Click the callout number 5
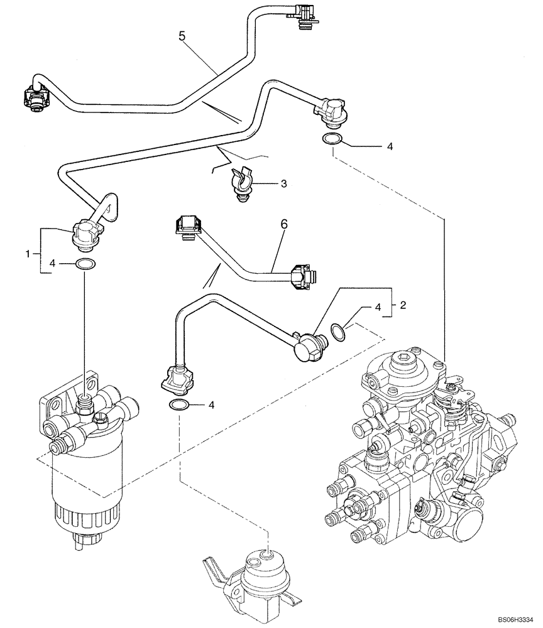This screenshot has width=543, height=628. pyautogui.click(x=182, y=36)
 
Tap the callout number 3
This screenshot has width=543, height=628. pyautogui.click(x=283, y=183)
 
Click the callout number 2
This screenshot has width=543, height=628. pyautogui.click(x=403, y=306)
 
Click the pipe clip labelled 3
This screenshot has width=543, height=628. pyautogui.click(x=242, y=182)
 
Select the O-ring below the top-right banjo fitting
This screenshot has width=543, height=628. pyautogui.click(x=332, y=139)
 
